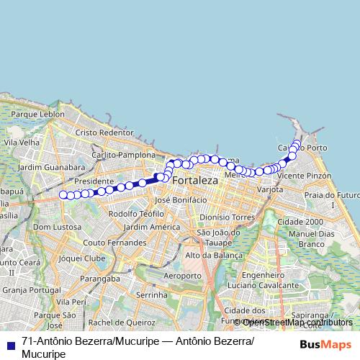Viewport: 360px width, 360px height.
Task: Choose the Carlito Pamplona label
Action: click(125, 155)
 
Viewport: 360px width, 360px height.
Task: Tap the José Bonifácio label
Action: click(181, 199)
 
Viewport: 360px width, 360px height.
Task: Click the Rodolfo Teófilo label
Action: click(136, 214)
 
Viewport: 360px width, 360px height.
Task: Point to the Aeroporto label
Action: click(183, 276)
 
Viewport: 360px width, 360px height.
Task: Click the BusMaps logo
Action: click(324, 343)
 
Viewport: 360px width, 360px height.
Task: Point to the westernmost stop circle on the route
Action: click(63, 194)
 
